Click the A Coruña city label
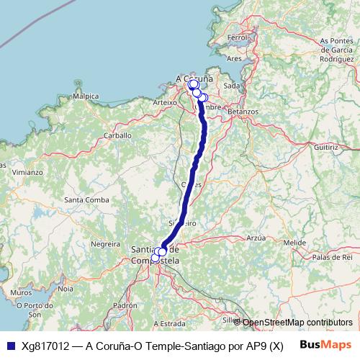pos(194,78)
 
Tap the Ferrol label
pos(237,37)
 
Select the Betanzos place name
pos(243,112)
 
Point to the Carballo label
pos(117,135)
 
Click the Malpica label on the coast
pos(86,95)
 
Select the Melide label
pos(295,243)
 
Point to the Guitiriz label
pos(325,146)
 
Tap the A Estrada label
pos(170,323)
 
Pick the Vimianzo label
pos(27,173)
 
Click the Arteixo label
pos(165,103)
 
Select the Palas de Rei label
pos(332,257)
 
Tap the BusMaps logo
pos(324,344)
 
